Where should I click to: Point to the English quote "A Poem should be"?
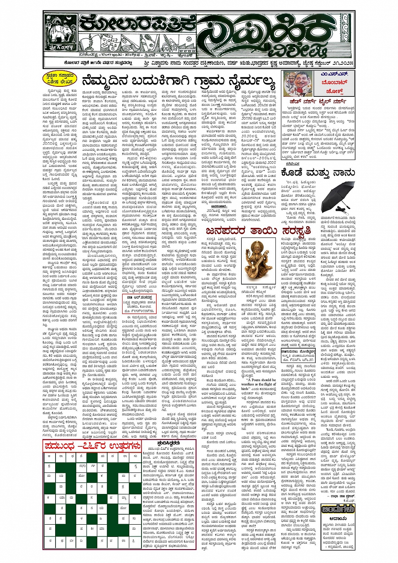(258, 380)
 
